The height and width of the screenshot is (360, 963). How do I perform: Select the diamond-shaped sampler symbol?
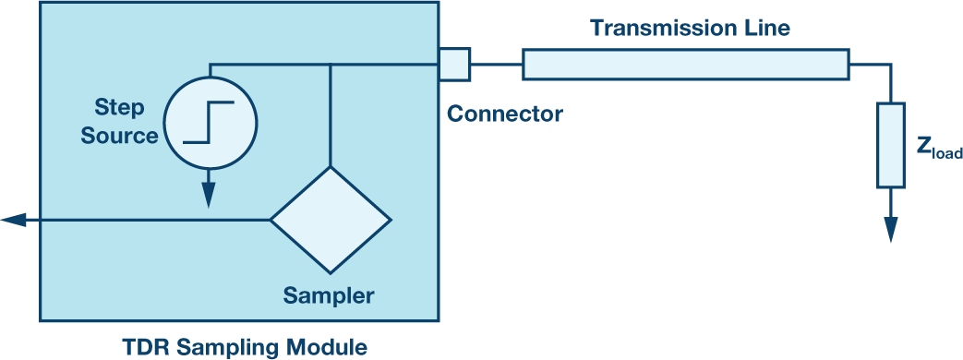(331, 220)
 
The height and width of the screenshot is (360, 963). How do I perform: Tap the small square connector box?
(454, 64)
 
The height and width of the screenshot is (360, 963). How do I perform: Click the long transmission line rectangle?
(685, 65)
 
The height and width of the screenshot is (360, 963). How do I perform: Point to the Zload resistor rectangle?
(891, 145)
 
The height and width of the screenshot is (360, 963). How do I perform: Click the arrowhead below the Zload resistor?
(891, 229)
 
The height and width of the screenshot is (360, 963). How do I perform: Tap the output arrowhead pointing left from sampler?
(14, 220)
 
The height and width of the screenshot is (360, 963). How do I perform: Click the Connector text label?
(505, 114)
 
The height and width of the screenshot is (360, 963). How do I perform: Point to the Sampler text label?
(328, 296)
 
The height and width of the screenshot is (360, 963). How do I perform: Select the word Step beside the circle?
(119, 108)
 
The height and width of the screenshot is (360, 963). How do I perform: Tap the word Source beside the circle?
(119, 135)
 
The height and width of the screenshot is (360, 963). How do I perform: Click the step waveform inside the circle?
(210, 122)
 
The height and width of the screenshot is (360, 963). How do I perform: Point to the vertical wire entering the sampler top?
(331, 114)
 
